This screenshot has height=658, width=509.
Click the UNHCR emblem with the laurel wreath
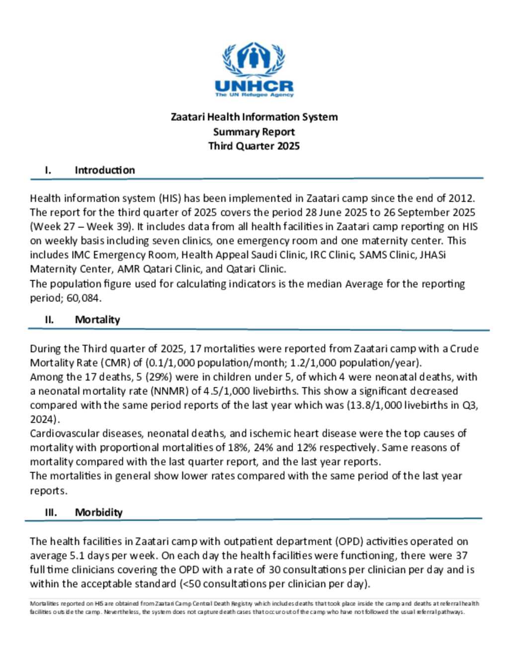click(254, 59)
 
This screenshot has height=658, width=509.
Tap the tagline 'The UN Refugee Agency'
click(254, 94)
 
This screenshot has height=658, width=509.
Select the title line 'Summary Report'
click(254, 132)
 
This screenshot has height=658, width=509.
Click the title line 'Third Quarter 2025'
click(254, 146)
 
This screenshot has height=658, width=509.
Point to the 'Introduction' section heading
click(105, 170)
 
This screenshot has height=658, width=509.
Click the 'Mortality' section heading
click(97, 319)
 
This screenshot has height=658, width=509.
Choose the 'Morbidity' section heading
click(98, 512)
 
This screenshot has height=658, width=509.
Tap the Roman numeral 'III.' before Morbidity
click(51, 512)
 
